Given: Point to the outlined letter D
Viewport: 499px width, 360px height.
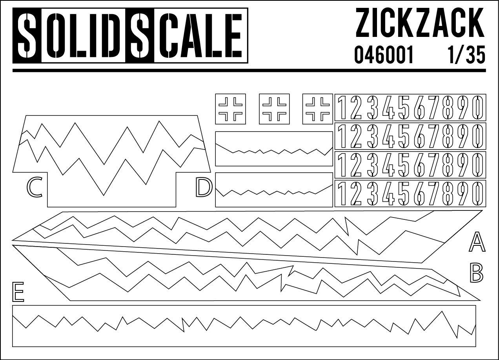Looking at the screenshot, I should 204,187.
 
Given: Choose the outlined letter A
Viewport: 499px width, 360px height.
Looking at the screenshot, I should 477,242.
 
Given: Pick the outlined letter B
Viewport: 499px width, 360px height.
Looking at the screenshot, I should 476,273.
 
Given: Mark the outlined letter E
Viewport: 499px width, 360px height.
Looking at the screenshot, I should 18,292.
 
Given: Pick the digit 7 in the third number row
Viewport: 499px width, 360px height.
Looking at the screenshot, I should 433,164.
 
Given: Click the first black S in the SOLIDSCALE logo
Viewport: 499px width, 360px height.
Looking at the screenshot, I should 27,36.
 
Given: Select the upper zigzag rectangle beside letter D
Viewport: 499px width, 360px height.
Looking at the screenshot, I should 274,149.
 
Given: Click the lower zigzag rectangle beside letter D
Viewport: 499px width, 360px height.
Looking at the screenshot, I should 274,190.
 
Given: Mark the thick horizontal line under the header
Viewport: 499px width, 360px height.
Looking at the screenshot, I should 249,70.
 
